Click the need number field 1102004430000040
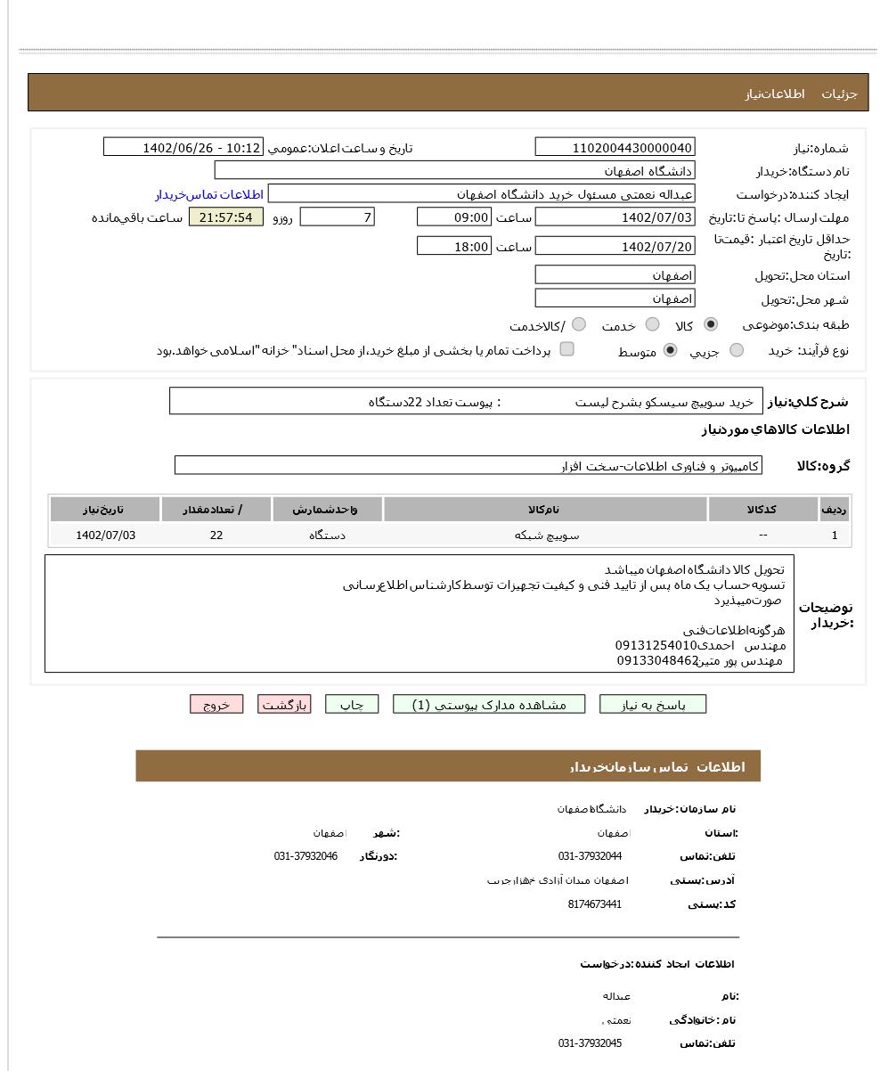[x=615, y=147]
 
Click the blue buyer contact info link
[x=209, y=194]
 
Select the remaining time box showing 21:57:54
[x=226, y=217]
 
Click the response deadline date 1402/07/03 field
[x=615, y=217]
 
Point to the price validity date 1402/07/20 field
[x=615, y=247]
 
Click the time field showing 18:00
[x=454, y=247]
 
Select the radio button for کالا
[x=711, y=324]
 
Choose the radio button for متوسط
[x=670, y=350]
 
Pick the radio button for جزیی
[x=737, y=350]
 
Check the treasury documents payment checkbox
[x=566, y=349]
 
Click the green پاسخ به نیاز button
[x=653, y=705]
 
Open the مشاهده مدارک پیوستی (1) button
[x=489, y=705]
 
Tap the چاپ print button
[x=352, y=705]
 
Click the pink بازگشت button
[x=284, y=705]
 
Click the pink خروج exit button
[x=216, y=705]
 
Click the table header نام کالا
[x=545, y=510]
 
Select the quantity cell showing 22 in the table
[x=216, y=535]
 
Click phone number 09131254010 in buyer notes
[x=656, y=645]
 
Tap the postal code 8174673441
[x=594, y=904]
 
